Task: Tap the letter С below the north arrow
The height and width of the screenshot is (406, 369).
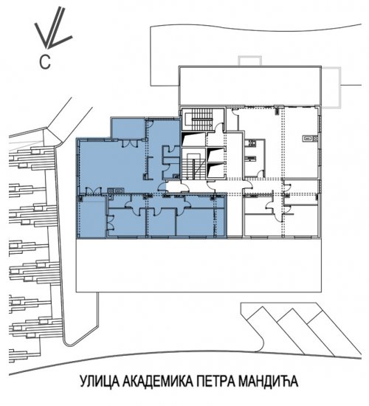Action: pos(45,62)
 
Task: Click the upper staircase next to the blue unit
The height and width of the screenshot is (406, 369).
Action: pos(202,120)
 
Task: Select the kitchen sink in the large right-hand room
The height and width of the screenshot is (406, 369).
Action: pos(310,139)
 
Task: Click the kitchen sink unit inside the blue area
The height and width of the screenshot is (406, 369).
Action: pos(115,190)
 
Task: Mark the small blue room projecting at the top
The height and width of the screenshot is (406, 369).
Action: pos(128,128)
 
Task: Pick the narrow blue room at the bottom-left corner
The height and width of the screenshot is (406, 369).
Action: pos(92,216)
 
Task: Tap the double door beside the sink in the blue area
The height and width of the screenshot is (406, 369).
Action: pos(93,190)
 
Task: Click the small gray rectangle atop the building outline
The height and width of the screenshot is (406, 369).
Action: pos(250,61)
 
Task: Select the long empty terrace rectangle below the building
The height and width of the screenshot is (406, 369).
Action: pos(199,265)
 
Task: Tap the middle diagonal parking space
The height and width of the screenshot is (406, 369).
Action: pos(305,331)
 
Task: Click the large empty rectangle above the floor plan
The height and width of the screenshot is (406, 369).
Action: pos(250,86)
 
